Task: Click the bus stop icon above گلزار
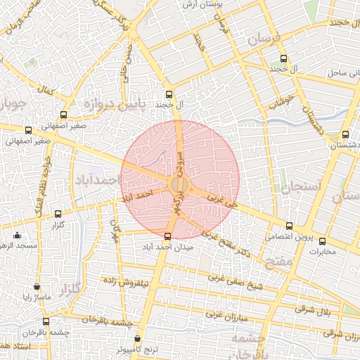pyautogui.click(x=58, y=214)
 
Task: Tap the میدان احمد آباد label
pyautogui.click(x=167, y=247)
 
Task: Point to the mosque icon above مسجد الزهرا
pyautogui.click(x=17, y=235)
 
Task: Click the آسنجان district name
pyautogui.click(x=300, y=186)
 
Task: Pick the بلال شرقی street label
pyautogui.click(x=313, y=309)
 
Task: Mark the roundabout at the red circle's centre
pyautogui.click(x=179, y=184)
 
